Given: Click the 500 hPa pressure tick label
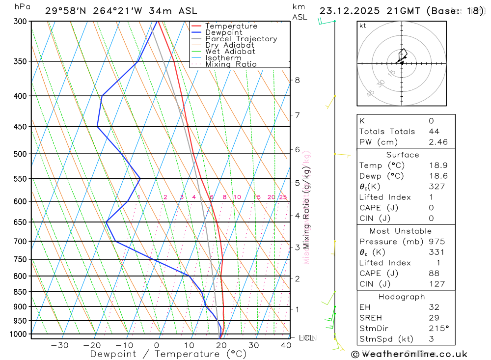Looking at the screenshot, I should [20, 154].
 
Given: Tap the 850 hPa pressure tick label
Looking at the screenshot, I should [20, 292].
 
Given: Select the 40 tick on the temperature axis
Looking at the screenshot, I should [286, 345].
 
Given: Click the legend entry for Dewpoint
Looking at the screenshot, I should [223, 32].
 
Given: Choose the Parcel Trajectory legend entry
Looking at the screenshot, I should [241, 39].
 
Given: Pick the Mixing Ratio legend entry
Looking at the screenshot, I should [231, 64].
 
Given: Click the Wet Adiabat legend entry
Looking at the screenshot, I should [230, 52].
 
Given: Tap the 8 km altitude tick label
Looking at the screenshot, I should [297, 80].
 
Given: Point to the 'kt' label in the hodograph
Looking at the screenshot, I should [363, 26].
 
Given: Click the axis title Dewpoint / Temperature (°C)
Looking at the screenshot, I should [168, 354].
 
